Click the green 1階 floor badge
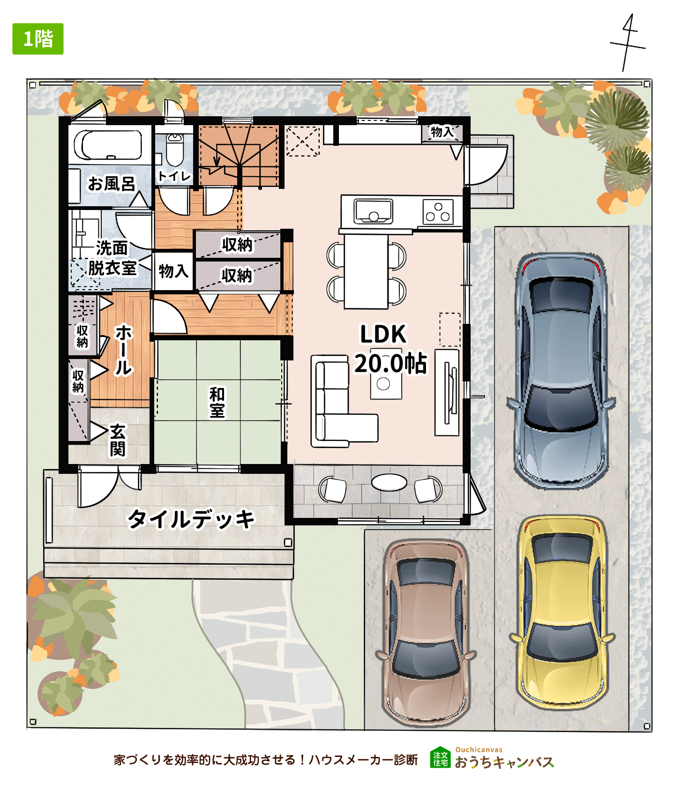click(38, 39)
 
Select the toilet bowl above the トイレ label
click(175, 150)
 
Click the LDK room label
click(383, 334)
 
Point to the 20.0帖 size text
click(390, 363)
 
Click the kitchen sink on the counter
click(374, 211)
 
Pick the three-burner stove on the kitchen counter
click(438, 212)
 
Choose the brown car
click(425, 633)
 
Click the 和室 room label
click(217, 403)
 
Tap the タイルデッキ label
click(191, 519)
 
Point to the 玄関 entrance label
click(118, 440)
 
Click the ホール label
click(124, 350)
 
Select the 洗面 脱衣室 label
click(112, 258)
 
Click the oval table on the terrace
click(389, 482)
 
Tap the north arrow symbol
click(628, 43)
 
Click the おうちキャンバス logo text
click(504, 762)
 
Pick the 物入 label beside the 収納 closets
click(173, 271)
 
